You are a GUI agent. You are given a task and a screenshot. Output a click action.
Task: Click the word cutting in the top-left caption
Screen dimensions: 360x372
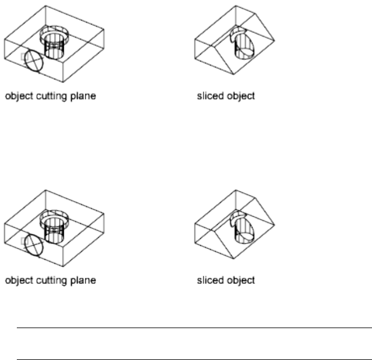[49, 96]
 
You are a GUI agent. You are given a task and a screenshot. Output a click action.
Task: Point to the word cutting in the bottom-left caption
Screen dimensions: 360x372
[49, 281]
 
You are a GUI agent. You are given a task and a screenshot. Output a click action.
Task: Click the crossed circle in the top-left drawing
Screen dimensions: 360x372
[34, 60]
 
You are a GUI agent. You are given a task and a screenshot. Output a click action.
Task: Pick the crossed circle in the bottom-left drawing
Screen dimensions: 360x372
[34, 245]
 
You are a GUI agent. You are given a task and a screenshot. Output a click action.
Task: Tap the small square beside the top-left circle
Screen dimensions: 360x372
[23, 56]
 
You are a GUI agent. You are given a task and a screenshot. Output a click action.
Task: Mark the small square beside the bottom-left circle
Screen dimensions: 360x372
[23, 240]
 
